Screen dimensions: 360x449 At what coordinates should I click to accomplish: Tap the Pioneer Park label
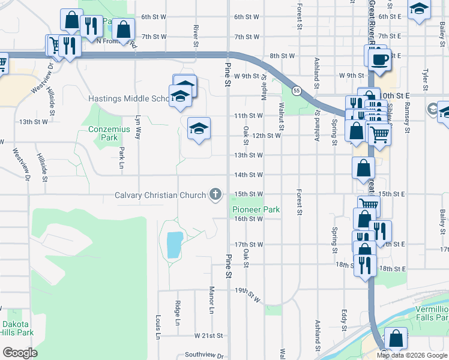click(256, 210)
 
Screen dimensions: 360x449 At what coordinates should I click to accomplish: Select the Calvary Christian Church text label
click(160, 195)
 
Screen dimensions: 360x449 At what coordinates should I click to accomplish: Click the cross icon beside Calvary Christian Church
click(215, 194)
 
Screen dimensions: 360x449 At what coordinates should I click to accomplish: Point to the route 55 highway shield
click(297, 91)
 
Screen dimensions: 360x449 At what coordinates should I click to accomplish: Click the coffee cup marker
click(378, 59)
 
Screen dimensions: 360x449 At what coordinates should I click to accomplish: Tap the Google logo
click(20, 352)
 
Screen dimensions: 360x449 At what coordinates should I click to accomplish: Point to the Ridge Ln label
click(178, 313)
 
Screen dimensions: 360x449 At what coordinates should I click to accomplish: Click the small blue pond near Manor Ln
click(173, 245)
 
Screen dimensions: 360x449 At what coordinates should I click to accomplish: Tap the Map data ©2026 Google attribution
click(412, 355)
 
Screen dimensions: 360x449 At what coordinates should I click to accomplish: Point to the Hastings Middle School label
click(131, 98)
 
